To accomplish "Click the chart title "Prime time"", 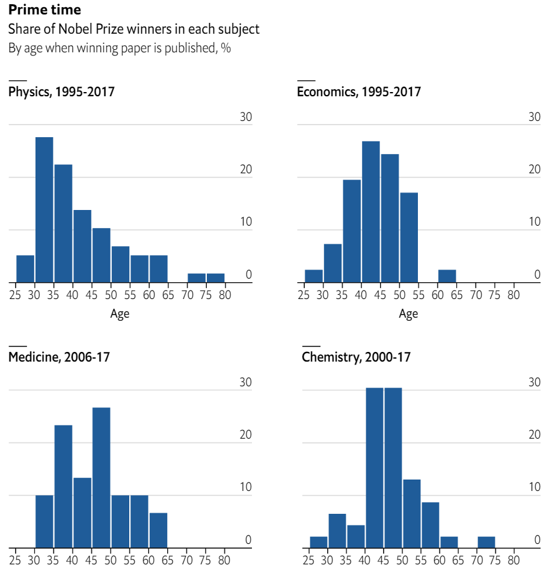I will [x=44, y=10].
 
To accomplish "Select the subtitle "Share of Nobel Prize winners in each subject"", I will [x=133, y=29].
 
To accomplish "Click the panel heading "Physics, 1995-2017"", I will [x=61, y=92].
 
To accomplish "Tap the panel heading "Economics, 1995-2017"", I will [x=359, y=92].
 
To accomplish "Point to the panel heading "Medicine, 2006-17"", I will [x=59, y=357].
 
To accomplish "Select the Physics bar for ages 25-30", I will [x=25, y=268].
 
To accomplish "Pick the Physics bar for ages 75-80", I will [x=215, y=277].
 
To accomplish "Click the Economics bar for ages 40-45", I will [x=371, y=211].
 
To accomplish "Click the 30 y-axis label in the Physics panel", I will [x=246, y=117].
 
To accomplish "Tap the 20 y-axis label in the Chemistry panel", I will [x=535, y=434].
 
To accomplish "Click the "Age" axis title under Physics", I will [x=120, y=313].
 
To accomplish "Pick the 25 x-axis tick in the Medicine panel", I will [x=16, y=560].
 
